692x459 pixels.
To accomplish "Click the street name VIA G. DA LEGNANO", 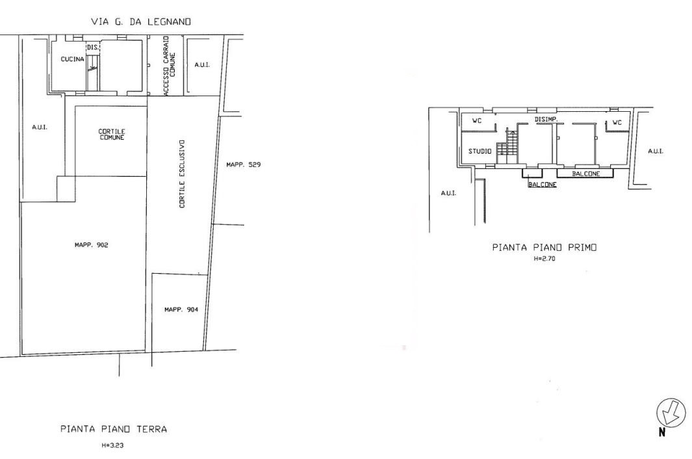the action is click(141, 21).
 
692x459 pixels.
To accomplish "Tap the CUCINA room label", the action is click(72, 59).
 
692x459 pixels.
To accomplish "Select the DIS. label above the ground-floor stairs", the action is click(92, 47).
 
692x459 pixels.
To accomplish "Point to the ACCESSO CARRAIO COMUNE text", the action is click(170, 66).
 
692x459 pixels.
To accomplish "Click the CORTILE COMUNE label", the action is click(112, 135).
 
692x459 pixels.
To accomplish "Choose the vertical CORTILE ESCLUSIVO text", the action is click(183, 174).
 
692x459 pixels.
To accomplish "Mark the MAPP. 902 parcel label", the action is click(92, 244).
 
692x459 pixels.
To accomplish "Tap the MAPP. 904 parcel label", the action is click(181, 309).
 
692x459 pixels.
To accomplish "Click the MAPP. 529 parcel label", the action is click(244, 164).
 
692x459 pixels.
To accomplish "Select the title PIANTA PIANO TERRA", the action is click(114, 428).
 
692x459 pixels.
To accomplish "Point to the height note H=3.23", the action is click(112, 445).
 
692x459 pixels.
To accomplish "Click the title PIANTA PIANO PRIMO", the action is click(545, 248).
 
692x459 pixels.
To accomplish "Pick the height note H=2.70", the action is click(545, 259).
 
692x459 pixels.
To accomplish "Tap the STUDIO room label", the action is click(480, 151).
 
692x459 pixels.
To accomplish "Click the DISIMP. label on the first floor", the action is click(546, 120).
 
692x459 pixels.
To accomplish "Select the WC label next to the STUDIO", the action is click(477, 121).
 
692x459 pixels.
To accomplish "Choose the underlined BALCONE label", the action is click(543, 185).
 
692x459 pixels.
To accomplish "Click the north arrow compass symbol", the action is click(671, 413).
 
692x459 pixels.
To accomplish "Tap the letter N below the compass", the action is click(662, 432).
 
